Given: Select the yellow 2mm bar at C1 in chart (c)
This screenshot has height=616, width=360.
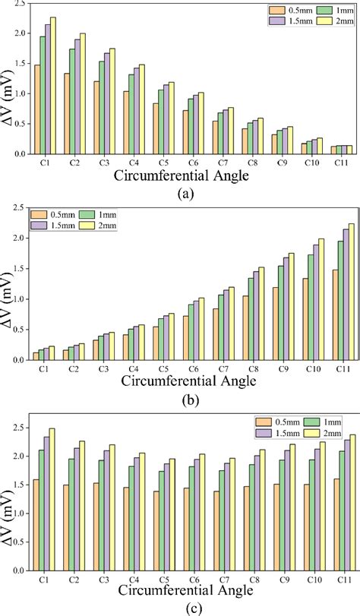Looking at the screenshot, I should [52, 496].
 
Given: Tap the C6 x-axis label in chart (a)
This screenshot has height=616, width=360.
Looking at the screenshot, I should [183, 163].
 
